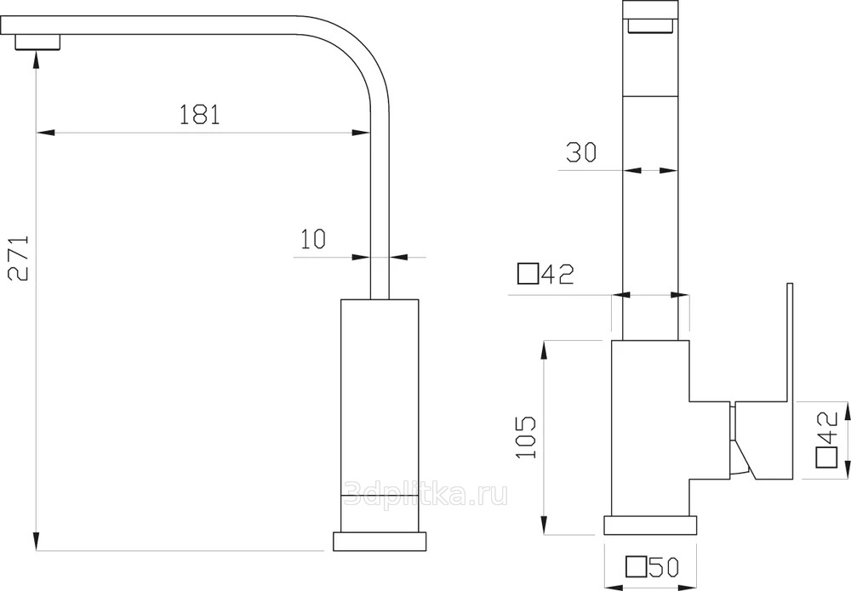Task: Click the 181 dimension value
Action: tap(200, 115)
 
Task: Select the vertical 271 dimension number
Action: tap(20, 258)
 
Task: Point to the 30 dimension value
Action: tap(580, 152)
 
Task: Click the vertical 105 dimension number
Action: tap(525, 438)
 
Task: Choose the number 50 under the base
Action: tap(665, 567)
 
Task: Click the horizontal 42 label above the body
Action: tap(557, 274)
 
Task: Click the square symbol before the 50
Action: tap(636, 567)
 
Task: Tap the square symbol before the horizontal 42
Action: tap(528, 274)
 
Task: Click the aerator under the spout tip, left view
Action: tap(37, 42)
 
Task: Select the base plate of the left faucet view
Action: tap(380, 542)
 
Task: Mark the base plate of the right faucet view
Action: tap(650, 526)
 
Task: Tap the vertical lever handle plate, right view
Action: tap(790, 343)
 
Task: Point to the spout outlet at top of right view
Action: tap(649, 26)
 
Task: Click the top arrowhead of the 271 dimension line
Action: tap(37, 59)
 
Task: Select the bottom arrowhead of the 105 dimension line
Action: tap(543, 526)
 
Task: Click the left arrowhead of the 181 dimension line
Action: tap(46, 132)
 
